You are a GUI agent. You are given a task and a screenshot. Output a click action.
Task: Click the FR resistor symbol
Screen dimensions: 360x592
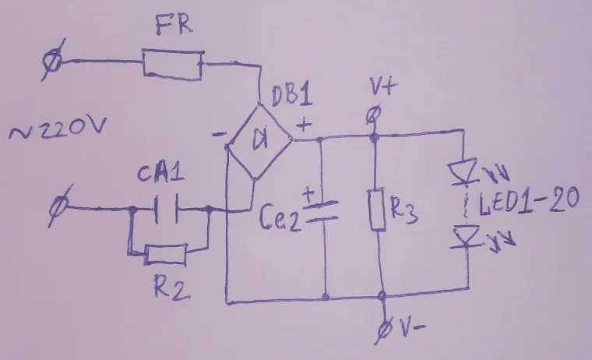click(173, 62)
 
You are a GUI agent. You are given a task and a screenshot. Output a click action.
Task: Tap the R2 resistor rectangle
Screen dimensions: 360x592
click(166, 254)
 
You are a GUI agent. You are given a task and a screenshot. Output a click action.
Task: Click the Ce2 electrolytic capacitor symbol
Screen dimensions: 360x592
click(322, 210)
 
